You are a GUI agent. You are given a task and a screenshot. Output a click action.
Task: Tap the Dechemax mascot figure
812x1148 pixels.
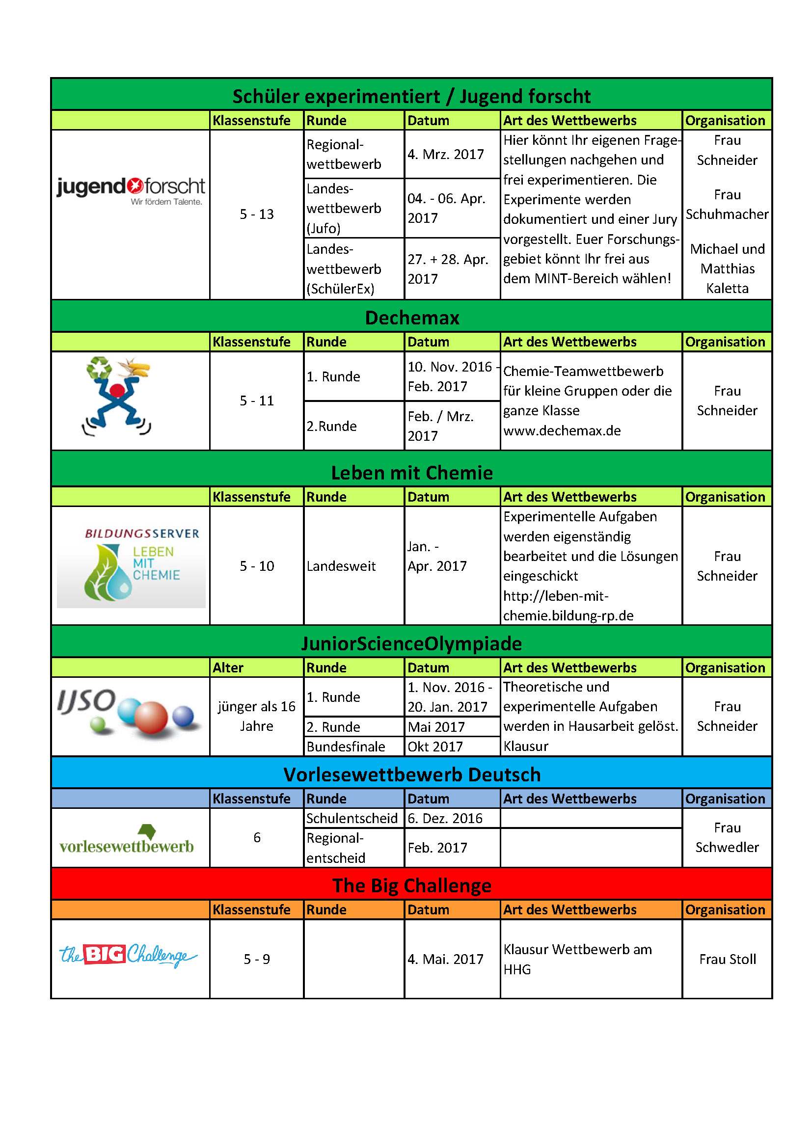117,396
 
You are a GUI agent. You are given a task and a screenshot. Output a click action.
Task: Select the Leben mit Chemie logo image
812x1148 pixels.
131,567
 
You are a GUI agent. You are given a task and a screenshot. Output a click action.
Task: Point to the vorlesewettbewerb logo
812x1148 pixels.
127,840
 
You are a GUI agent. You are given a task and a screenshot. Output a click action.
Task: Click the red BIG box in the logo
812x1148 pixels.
105,955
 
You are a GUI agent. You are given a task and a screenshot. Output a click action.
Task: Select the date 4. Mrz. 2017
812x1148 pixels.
445,154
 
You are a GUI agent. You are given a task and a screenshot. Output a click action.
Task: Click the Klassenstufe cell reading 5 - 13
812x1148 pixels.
256,214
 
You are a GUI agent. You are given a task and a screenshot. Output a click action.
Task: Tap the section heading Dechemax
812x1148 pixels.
411,318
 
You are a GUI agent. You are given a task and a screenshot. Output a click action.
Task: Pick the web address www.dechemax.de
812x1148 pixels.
562,430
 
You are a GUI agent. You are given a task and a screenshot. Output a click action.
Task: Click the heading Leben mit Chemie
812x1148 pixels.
411,473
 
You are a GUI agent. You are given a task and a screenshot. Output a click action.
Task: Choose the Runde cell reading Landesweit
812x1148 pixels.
341,566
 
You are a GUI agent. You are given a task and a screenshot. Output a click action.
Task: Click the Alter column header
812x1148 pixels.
228,667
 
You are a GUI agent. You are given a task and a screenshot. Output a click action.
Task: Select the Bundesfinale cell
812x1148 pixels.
346,747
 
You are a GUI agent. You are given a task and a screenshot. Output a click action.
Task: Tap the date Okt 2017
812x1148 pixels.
435,747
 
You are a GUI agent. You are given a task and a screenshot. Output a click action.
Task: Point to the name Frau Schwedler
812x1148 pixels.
727,837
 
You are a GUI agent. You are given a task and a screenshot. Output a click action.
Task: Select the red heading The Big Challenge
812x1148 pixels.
411,885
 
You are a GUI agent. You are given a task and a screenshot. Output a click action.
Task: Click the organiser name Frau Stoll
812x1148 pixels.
727,959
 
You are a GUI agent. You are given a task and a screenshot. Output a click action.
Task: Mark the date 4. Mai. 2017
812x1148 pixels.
445,959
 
